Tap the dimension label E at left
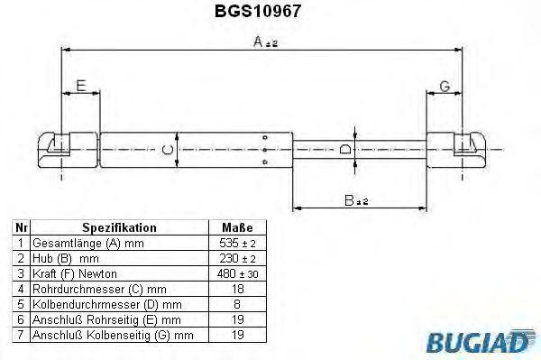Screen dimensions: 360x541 click(80, 86)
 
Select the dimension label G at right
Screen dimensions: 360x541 click(444, 86)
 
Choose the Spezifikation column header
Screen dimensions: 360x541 click(119, 228)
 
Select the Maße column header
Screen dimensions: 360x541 click(236, 228)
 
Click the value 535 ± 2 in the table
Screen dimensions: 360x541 click(237, 244)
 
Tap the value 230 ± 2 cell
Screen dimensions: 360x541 click(237, 258)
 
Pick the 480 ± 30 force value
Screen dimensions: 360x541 click(237, 273)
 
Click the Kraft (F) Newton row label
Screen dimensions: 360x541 click(75, 273)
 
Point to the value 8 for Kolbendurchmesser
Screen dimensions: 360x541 click(237, 304)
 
